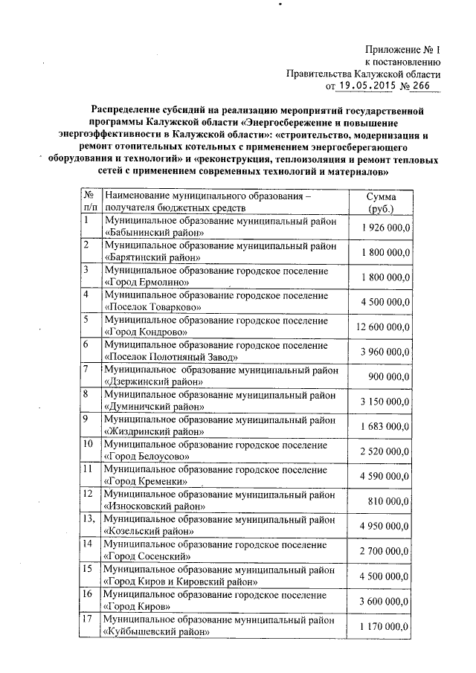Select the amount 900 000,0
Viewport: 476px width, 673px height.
pos(390,377)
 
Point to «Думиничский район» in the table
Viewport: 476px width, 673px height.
pos(155,408)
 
